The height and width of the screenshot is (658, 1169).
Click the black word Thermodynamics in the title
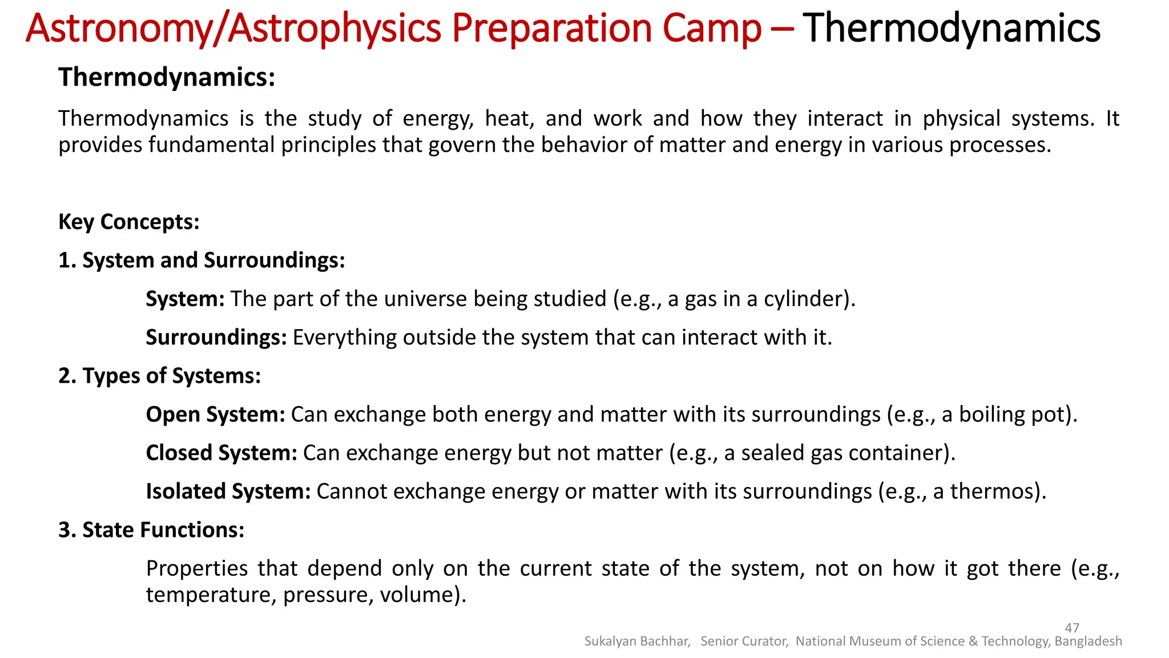point(952,28)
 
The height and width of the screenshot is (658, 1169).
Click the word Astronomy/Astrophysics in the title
point(233,28)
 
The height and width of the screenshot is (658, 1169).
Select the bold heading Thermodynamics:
point(167,77)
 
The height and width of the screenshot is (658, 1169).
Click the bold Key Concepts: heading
point(129,222)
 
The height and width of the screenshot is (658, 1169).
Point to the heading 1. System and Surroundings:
point(201,260)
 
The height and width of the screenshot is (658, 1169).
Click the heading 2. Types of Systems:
point(159,376)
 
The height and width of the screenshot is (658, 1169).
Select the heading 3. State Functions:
point(151,530)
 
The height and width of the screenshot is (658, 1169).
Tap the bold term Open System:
point(215,414)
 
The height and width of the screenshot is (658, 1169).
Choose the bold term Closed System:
point(221,453)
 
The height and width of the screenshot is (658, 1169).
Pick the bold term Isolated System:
point(228,491)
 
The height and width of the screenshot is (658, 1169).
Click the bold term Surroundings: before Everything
point(216,337)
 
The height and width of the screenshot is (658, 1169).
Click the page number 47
point(1072,628)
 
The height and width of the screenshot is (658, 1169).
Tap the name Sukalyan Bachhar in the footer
point(637,641)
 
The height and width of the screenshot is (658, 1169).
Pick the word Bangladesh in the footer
point(1088,641)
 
